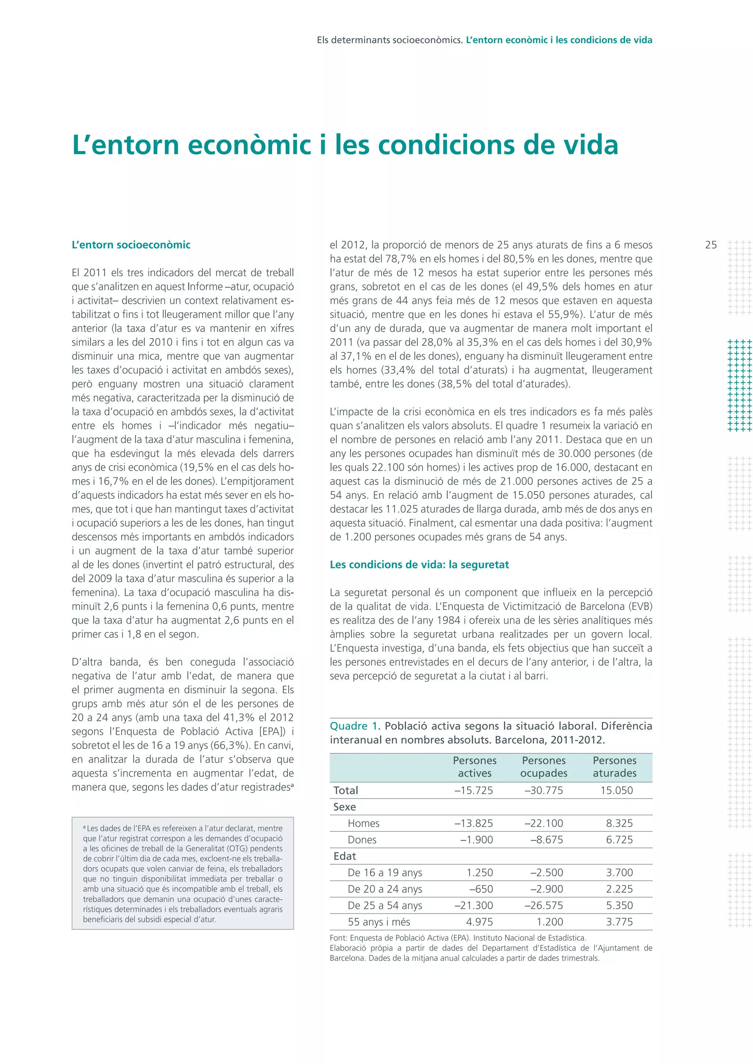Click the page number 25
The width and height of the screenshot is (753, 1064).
pos(710,245)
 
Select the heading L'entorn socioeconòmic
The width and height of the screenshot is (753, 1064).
pos(131,245)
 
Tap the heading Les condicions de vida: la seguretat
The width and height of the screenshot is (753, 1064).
pos(419,564)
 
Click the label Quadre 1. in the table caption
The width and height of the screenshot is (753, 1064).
pos(355,726)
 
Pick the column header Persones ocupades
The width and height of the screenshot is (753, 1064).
pos(543,766)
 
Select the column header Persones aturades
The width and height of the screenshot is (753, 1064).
pos(614,766)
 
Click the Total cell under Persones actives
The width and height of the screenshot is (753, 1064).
pos(474,791)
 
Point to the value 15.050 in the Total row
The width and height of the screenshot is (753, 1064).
pos(616,791)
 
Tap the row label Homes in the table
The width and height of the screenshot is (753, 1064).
pos(364,823)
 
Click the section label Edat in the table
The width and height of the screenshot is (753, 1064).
pos(345,856)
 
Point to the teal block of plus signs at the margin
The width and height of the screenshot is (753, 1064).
pos(739,385)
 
